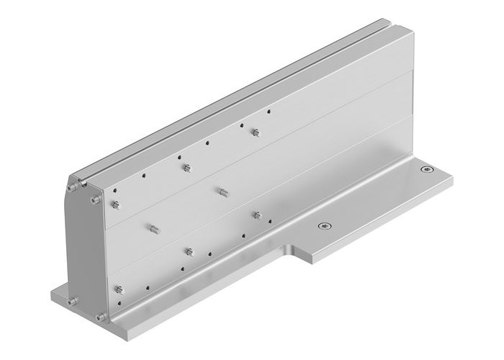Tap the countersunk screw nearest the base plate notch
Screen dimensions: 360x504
click(325, 226)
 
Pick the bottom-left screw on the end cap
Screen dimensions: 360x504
click(71, 301)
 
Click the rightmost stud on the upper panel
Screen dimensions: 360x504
click(254, 132)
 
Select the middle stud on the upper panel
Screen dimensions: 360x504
click(186, 168)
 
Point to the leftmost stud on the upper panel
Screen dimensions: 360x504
click(115, 207)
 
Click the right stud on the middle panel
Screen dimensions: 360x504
click(222, 192)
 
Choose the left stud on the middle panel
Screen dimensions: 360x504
click(153, 230)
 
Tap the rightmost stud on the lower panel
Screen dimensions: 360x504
click(256, 215)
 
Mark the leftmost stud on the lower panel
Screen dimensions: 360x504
click(117, 290)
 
